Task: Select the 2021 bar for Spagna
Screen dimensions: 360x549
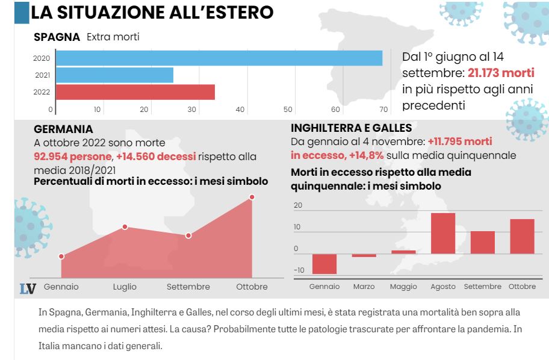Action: (114, 75)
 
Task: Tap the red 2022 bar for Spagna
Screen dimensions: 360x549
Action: (135, 92)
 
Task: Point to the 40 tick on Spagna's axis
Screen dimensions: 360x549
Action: (240, 110)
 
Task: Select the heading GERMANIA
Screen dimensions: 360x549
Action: (64, 129)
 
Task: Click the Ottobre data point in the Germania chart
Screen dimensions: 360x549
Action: (252, 197)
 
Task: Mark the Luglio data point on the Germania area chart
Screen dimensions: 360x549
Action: (125, 227)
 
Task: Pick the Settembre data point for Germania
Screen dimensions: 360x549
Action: (188, 235)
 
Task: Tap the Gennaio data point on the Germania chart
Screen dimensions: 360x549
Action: (61, 256)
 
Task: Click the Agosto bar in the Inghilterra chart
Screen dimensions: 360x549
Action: (443, 233)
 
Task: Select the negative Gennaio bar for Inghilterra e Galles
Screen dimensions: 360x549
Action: (324, 264)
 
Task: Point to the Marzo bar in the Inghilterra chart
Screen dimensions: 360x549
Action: (364, 255)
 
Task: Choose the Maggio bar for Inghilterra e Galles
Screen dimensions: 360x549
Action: (403, 252)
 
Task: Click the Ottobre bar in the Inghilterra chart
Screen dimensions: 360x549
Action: (522, 236)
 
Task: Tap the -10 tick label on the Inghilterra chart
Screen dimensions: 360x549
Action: (299, 270)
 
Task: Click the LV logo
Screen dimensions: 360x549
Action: (28, 288)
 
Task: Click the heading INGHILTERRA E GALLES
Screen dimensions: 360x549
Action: (351, 128)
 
